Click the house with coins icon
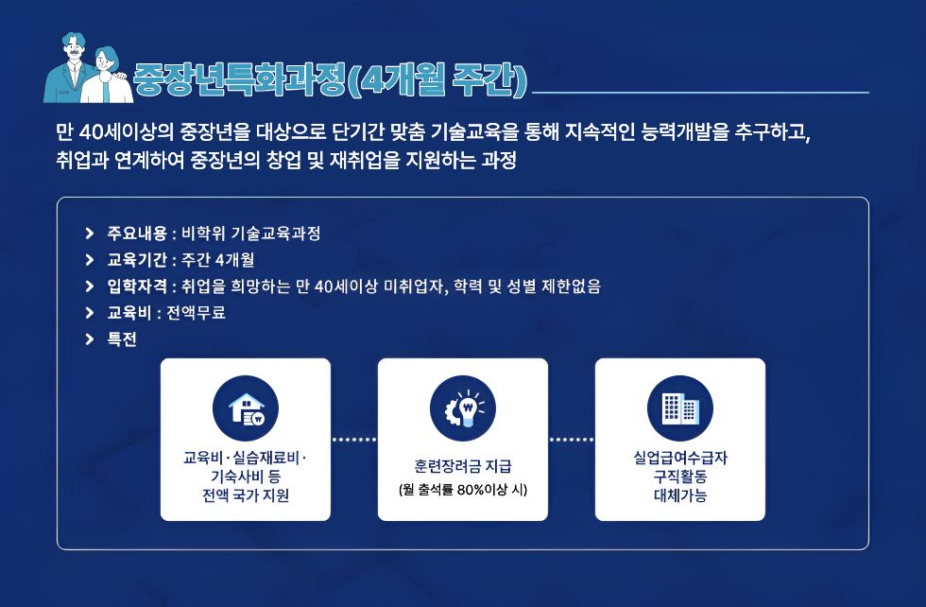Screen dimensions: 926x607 245,408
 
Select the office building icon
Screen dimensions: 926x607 679,408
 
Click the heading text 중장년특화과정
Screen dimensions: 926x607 238,78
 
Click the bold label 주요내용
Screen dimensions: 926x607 137,234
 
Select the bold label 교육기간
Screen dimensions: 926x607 137,260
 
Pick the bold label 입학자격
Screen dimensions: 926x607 137,286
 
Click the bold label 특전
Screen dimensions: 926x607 122,339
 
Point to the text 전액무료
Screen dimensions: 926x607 197,313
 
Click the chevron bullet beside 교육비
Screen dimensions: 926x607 89,313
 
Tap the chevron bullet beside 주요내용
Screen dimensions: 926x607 89,234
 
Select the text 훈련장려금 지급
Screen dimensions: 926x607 462,466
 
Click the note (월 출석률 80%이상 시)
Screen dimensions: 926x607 462,490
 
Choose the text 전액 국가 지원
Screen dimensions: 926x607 245,495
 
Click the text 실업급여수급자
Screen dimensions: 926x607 680,458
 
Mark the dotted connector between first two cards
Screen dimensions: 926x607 354,440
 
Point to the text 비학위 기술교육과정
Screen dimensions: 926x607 251,234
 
